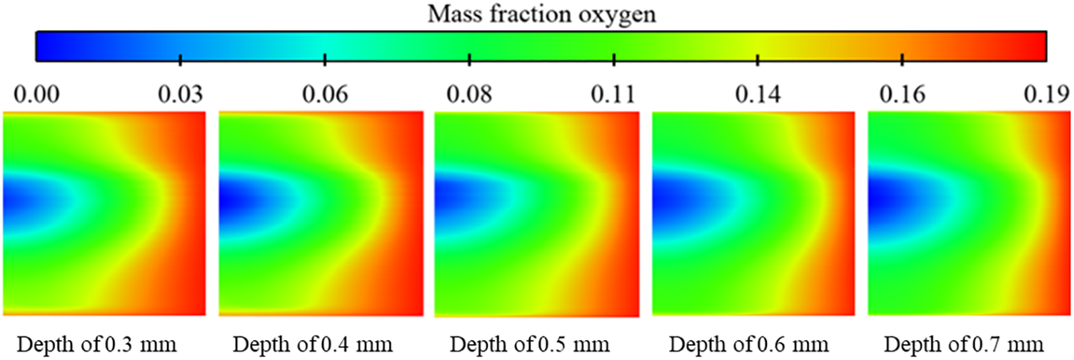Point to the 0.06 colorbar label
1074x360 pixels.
coord(325,94)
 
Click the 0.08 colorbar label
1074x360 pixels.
coord(469,94)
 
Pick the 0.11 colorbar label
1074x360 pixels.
coord(614,94)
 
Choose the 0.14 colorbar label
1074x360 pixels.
coord(758,94)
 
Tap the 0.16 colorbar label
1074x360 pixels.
coord(903,94)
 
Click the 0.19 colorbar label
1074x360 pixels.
coord(1045,94)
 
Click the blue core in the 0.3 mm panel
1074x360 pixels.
coord(21,201)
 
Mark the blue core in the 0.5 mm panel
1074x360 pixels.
coord(454,201)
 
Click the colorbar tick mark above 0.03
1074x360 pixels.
coord(180,59)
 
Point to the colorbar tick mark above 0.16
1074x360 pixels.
coord(903,59)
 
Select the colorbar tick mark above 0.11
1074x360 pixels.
coord(614,59)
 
